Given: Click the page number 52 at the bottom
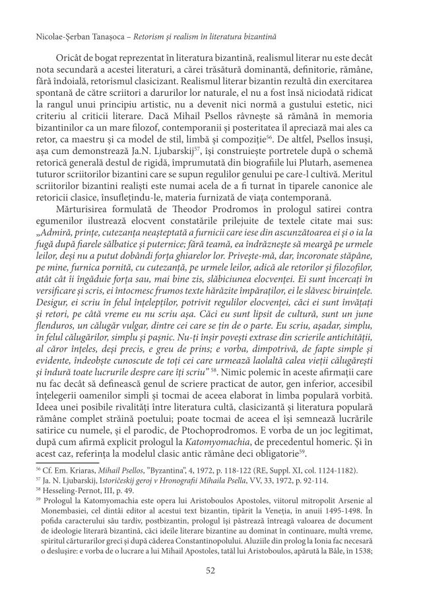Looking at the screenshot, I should (210, 571).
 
